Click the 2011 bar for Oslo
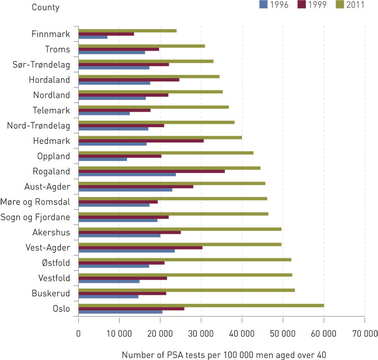coord(201,306)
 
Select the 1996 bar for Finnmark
coord(93,37)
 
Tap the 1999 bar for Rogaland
coord(151,171)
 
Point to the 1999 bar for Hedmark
coord(141,140)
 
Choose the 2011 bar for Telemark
coord(154,107)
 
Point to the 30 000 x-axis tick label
coord(201,334)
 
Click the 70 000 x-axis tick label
coord(364,334)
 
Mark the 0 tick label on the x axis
coord(78,334)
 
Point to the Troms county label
coord(58,49)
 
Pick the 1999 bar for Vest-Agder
coord(140,247)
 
